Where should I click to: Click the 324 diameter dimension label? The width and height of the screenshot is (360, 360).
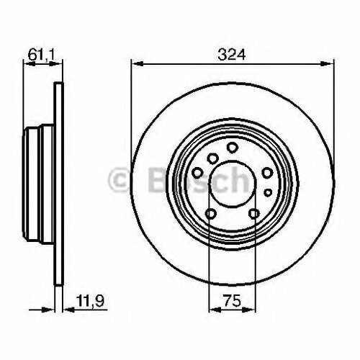[232, 53]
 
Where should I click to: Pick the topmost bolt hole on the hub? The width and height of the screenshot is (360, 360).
[232, 147]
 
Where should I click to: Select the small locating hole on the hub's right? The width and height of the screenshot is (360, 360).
[264, 193]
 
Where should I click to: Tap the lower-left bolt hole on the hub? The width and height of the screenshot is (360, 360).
[209, 214]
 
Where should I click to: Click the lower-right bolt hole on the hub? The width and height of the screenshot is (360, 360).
[254, 214]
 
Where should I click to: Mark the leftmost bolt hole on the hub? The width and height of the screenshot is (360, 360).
[196, 172]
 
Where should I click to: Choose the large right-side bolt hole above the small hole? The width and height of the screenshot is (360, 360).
[267, 172]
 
